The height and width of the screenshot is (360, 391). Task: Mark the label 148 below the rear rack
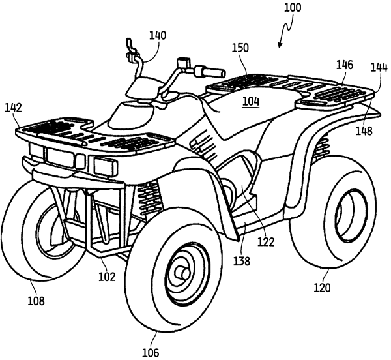364,131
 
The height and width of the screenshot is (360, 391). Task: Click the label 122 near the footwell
265,241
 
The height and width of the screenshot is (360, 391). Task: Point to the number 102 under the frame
107,276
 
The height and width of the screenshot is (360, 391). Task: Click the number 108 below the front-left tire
36,301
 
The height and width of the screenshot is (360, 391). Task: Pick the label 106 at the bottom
151,353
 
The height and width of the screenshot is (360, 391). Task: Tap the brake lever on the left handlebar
128,46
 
